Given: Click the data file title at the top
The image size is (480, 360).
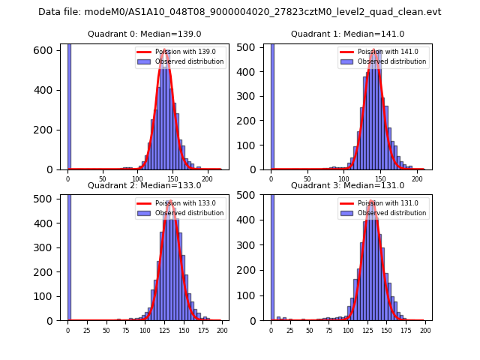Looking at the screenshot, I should click(x=240, y=12).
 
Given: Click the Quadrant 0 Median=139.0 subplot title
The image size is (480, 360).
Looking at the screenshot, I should click(x=144, y=34).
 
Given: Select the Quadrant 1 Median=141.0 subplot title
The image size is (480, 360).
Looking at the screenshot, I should click(x=347, y=34).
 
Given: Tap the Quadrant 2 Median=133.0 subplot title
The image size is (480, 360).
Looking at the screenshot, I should click(x=144, y=185).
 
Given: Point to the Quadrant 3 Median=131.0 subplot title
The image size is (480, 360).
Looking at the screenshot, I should click(x=347, y=185).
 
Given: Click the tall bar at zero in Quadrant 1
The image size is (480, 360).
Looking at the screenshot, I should click(x=271, y=105).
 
